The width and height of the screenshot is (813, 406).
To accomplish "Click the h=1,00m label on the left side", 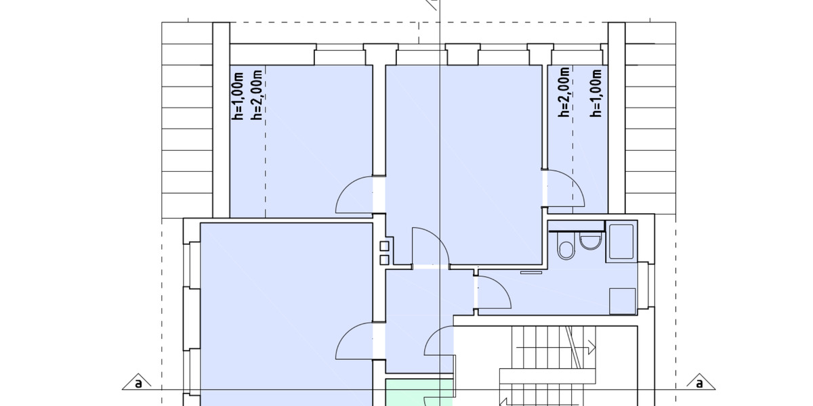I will (x=238, y=95).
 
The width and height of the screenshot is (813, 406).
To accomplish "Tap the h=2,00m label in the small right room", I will (x=564, y=93).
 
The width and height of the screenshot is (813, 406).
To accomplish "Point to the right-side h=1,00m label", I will (x=596, y=93).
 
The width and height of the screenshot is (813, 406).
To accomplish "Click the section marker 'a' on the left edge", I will (x=138, y=383).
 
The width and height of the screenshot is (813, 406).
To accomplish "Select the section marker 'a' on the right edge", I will (x=699, y=383).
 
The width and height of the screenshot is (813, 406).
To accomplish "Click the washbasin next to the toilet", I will (x=591, y=241).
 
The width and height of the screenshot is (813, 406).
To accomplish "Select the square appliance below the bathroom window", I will (x=623, y=300).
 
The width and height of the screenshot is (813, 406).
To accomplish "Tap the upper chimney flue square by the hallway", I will (x=384, y=246).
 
